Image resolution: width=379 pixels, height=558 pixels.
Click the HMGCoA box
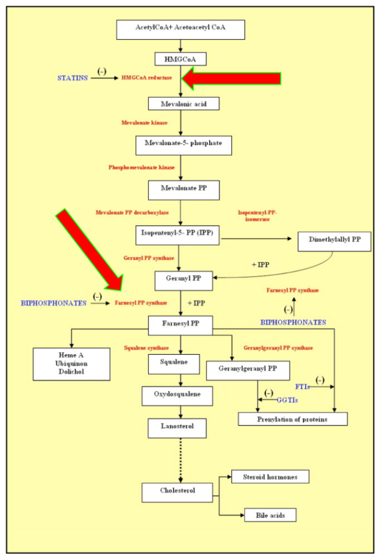click(180, 59)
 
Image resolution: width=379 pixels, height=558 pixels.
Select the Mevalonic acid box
click(184, 104)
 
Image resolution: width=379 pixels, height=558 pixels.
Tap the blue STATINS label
click(72, 78)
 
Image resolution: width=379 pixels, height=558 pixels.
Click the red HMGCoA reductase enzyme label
click(146, 77)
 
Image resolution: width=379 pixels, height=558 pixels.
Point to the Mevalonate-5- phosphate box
click(184, 145)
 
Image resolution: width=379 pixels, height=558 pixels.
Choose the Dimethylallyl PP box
click(334, 241)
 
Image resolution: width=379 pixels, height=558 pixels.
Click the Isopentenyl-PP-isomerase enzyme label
click(257, 216)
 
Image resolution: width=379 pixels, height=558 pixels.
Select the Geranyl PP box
click(184, 281)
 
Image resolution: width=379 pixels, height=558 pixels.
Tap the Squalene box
click(174, 364)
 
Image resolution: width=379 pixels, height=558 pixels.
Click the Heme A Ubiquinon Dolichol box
click(71, 364)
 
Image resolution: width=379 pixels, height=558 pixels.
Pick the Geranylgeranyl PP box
click(248, 371)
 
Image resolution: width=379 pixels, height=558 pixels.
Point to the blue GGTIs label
click(288, 400)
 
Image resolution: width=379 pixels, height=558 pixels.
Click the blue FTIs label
click(303, 387)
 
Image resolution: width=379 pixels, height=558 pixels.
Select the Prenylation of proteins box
click(292, 419)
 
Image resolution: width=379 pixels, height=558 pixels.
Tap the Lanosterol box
click(177, 428)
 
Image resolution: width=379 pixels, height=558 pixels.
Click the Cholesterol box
click(177, 493)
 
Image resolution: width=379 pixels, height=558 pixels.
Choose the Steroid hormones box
click(270, 476)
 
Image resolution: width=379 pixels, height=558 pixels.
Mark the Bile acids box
click(270, 515)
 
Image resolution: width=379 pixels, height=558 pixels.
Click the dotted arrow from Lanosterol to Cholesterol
click(181, 460)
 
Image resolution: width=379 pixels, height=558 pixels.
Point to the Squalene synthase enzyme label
click(146, 348)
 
